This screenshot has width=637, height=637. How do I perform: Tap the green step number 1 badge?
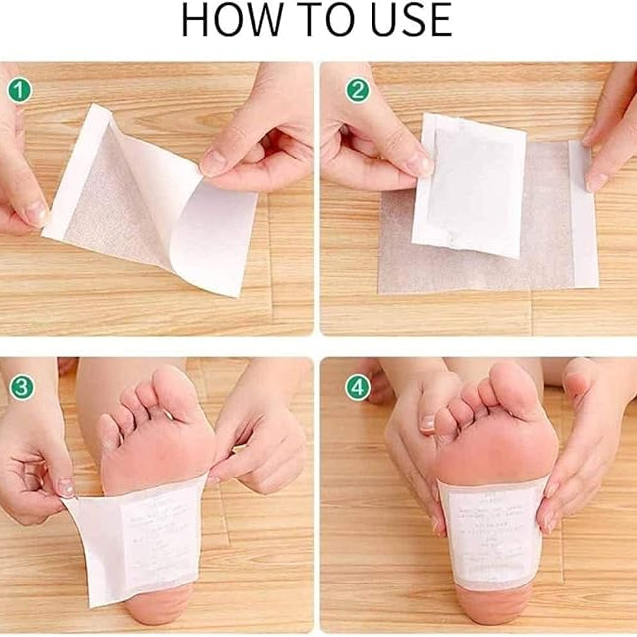click(19, 90)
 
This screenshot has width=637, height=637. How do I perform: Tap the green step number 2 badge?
click(357, 90)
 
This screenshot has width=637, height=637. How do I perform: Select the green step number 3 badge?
click(19, 386)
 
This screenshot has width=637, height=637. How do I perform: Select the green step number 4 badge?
click(357, 386)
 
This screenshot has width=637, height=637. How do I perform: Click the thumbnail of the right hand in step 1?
click(214, 161)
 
